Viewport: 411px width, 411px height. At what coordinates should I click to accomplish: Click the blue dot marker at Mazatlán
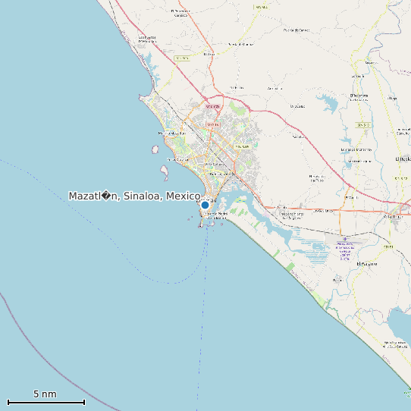click(x=205, y=205)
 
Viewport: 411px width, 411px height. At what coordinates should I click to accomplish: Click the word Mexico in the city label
click(x=183, y=196)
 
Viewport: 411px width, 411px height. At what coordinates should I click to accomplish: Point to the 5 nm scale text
click(x=45, y=394)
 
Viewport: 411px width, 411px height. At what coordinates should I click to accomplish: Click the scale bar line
click(x=45, y=402)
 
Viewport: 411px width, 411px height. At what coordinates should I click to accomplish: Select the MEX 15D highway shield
click(x=261, y=6)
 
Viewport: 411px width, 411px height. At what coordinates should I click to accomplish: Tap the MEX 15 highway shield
click(x=182, y=58)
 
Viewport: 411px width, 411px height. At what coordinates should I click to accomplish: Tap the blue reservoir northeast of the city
click(x=331, y=102)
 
